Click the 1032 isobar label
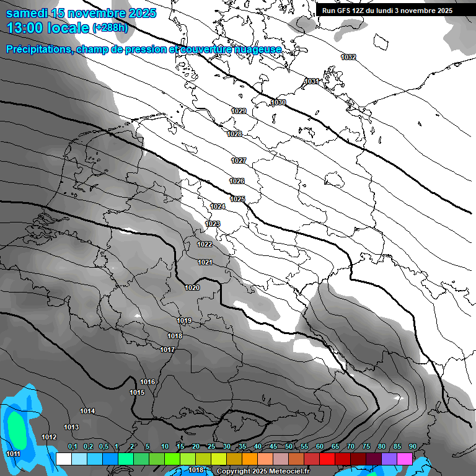(348, 57)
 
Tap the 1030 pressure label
(278, 102)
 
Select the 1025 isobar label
(237, 199)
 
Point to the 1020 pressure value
(192, 288)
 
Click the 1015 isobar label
(137, 393)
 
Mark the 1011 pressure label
(13, 454)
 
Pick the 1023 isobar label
(213, 224)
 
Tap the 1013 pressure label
(71, 428)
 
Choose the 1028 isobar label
(234, 134)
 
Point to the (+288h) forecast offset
(110, 28)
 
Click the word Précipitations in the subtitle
(38, 50)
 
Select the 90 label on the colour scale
(412, 447)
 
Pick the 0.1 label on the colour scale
(73, 447)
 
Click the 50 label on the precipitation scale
(289, 447)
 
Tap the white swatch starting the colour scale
(63, 459)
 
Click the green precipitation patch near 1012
(17, 428)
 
